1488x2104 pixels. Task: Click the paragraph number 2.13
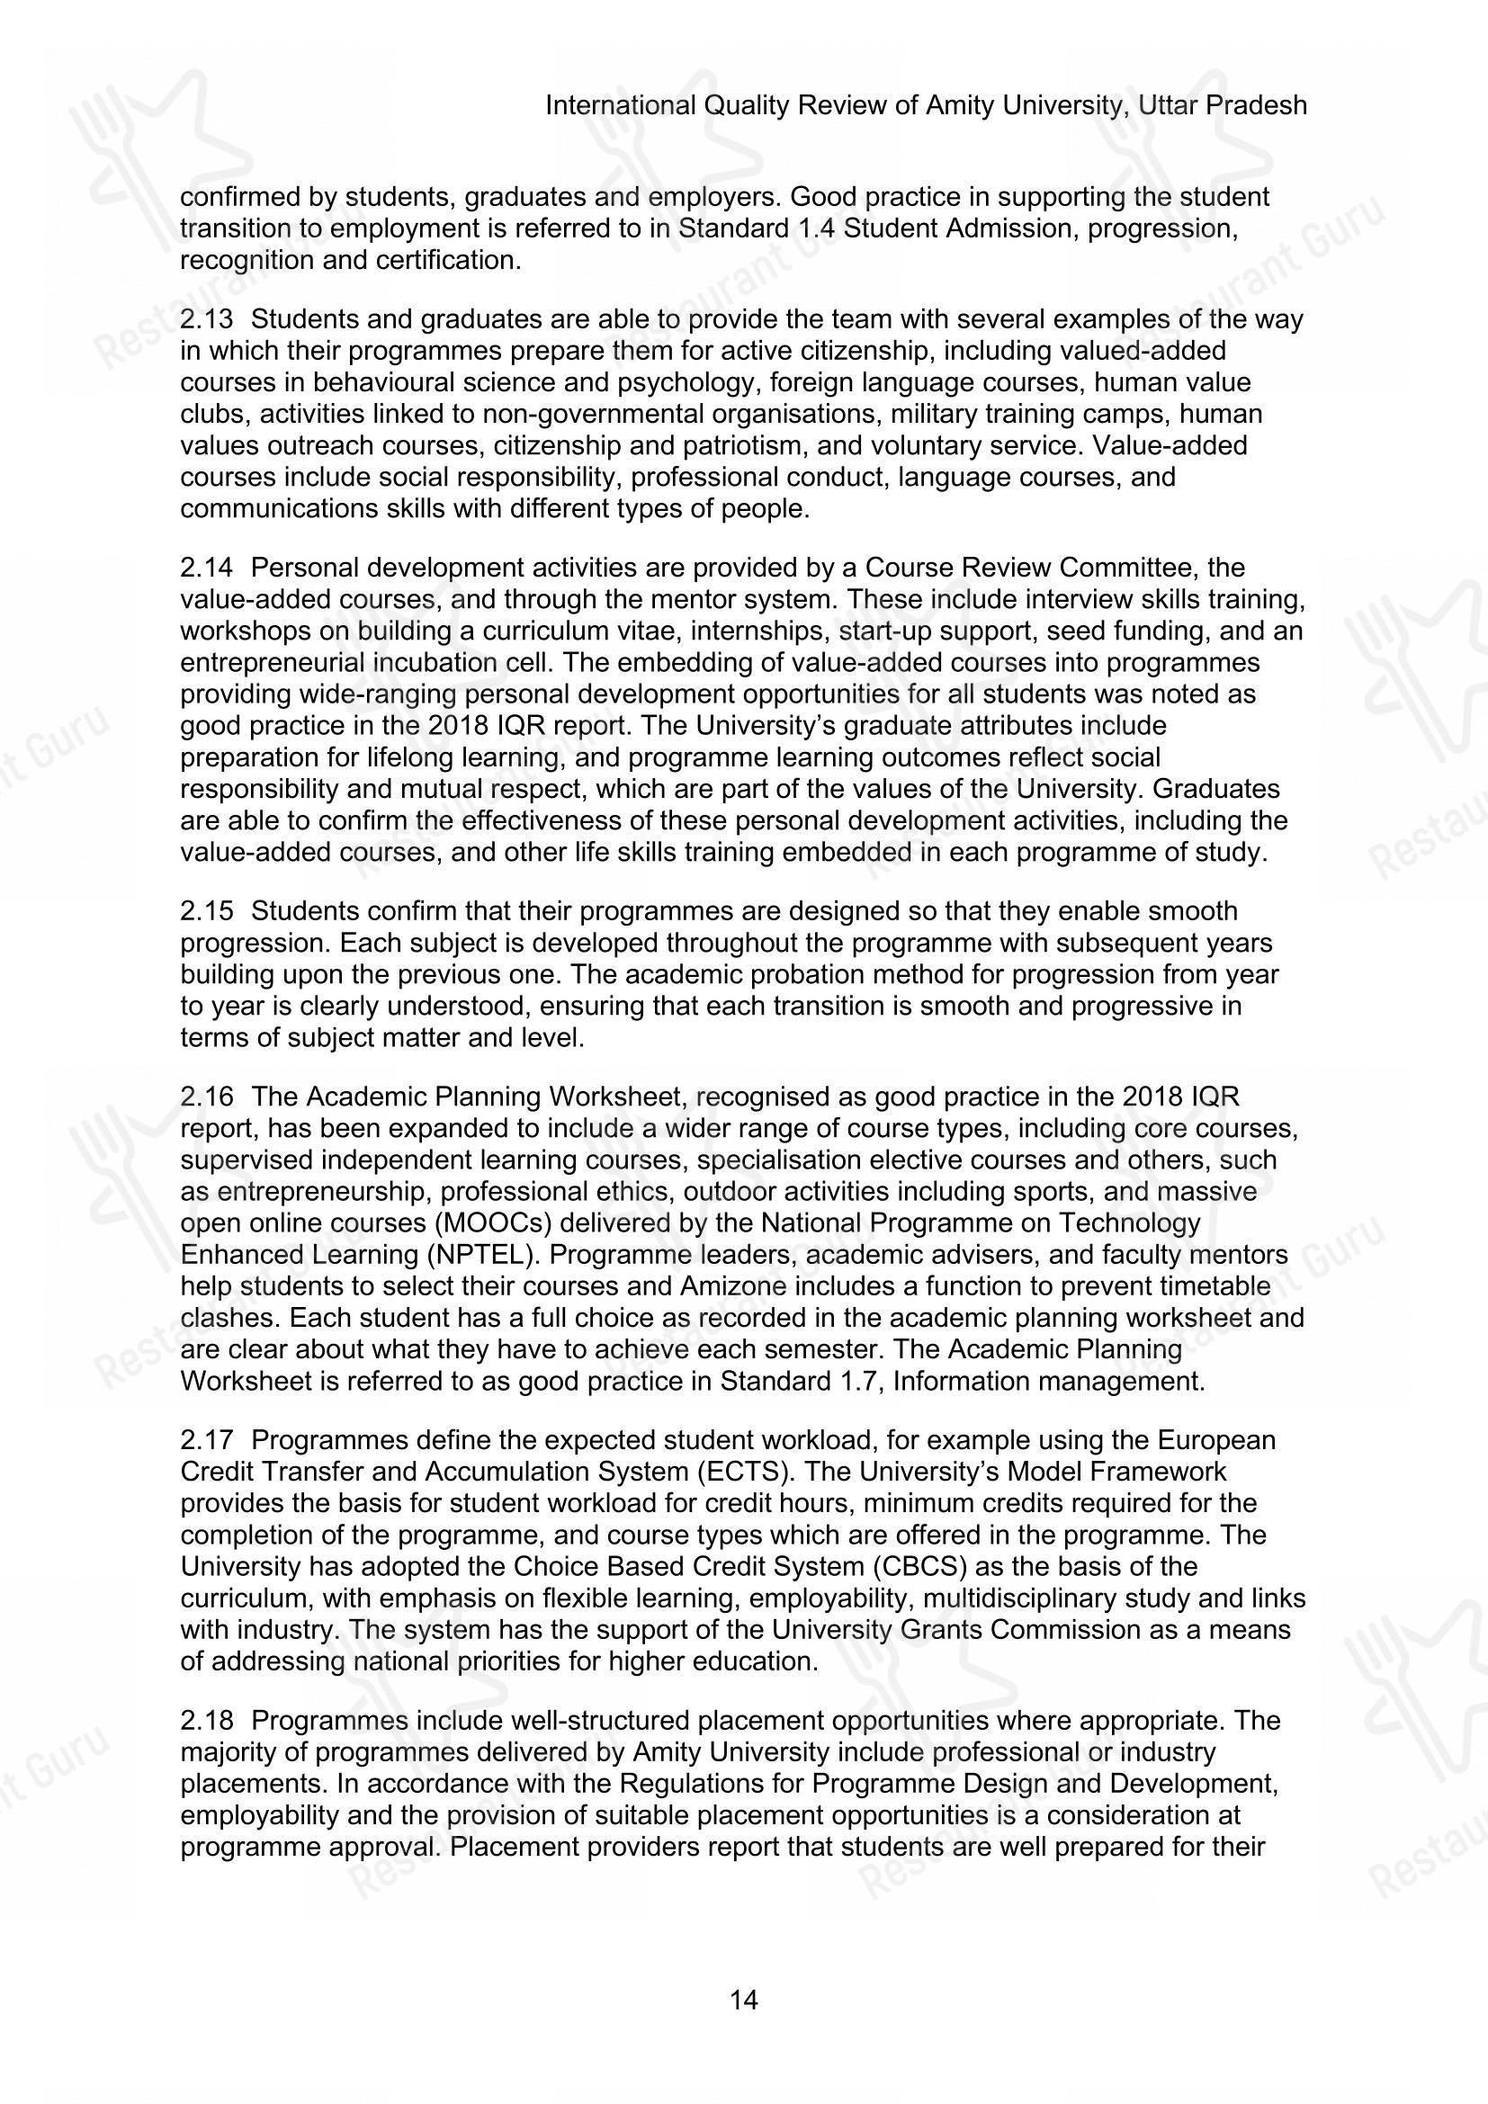[206, 320]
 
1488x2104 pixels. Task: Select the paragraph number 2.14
[206, 569]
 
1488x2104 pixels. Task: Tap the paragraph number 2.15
[206, 912]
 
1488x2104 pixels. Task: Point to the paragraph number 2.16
[206, 1097]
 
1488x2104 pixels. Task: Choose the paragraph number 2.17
[206, 1440]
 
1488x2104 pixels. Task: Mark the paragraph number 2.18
[206, 1720]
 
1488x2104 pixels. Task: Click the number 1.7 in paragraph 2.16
[863, 1381]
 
